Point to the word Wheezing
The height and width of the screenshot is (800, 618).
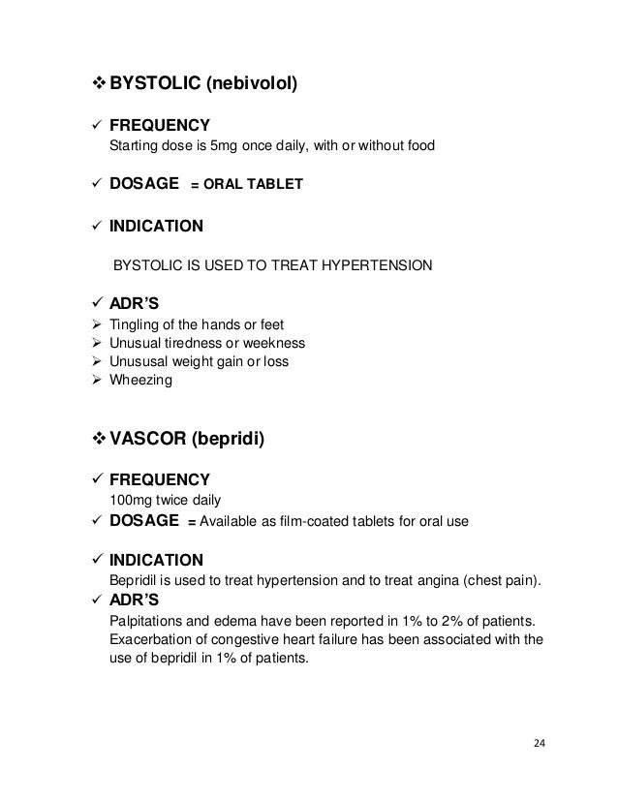coord(142,381)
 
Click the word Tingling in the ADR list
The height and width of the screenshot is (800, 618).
coord(137,324)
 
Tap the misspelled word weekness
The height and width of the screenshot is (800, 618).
coord(276,343)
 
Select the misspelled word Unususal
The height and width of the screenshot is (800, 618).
coord(142,362)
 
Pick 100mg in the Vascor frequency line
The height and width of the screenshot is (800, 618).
coord(134,500)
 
